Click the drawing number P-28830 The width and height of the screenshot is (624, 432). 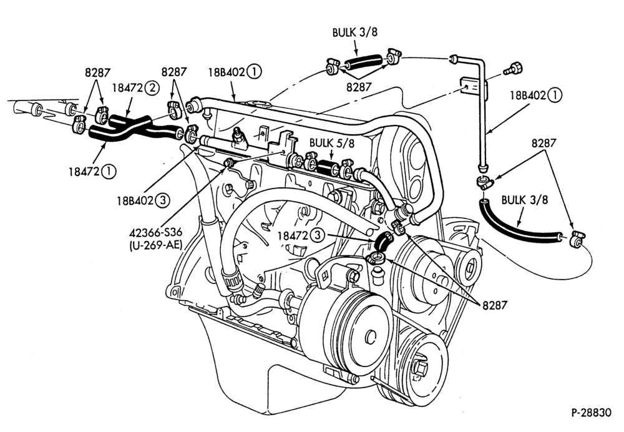(x=592, y=413)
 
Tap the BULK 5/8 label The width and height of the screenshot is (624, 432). (x=331, y=142)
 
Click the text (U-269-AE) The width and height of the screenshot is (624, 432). (x=155, y=245)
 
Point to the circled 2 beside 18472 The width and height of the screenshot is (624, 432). (x=151, y=87)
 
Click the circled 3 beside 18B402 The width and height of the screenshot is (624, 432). (x=162, y=200)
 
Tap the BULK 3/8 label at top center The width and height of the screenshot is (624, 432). (x=354, y=32)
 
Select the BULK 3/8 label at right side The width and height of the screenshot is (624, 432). (x=525, y=200)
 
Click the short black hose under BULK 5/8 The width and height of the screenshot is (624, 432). (x=328, y=167)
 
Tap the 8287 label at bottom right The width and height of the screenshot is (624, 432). (x=495, y=305)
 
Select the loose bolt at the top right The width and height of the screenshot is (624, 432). (x=512, y=69)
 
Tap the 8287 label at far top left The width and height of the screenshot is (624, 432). (x=97, y=72)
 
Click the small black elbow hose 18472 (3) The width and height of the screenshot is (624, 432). (x=384, y=241)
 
